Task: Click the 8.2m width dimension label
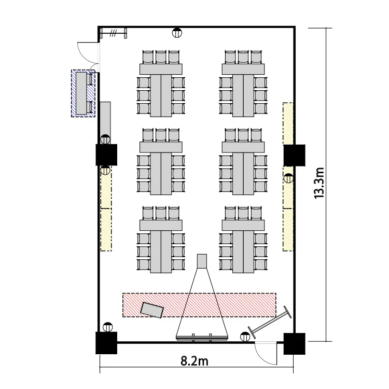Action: (x=195, y=361)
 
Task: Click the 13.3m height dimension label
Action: (x=319, y=183)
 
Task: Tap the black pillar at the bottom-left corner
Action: (x=106, y=343)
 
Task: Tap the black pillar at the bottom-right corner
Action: (x=295, y=343)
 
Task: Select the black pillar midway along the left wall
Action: (x=106, y=155)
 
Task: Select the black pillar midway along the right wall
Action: (x=295, y=155)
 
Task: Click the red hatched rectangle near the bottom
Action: (x=199, y=305)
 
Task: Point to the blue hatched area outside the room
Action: (x=83, y=93)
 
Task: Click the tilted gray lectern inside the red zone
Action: (x=152, y=310)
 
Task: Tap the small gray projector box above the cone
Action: (x=202, y=261)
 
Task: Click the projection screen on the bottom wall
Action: (x=202, y=337)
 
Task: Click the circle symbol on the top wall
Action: (x=177, y=33)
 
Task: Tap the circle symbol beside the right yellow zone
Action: (x=288, y=178)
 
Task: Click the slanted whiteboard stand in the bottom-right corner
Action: (x=270, y=322)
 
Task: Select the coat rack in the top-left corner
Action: (x=114, y=33)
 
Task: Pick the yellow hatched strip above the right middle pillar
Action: (x=288, y=123)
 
